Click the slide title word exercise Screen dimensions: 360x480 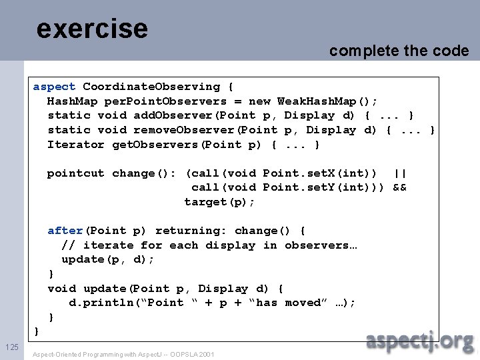92,28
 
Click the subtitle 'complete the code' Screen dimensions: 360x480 399,51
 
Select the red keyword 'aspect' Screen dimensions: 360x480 55,87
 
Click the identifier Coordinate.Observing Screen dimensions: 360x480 151,87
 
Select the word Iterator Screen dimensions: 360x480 76,145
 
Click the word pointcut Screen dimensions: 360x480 75,173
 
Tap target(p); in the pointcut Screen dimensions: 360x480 220,201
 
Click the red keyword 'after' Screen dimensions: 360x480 65,231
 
